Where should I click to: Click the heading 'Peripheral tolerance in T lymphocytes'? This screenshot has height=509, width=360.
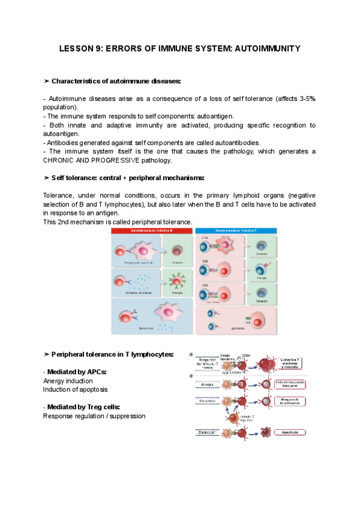(x=113, y=354)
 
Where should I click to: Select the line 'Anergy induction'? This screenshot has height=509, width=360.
(x=68, y=381)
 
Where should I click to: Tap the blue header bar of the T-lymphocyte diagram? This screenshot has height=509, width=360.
(x=236, y=230)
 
